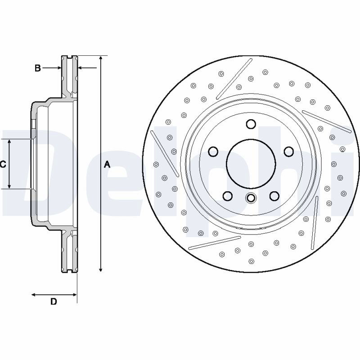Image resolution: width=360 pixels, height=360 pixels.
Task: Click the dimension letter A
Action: point(107,164)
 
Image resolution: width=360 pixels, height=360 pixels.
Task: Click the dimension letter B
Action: point(38,68)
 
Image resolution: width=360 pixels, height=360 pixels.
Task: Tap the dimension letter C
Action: point(3,164)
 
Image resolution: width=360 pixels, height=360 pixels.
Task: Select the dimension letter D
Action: point(54,301)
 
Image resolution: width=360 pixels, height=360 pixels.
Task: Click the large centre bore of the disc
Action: point(251,164)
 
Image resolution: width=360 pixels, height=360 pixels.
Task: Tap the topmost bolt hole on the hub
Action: point(251,124)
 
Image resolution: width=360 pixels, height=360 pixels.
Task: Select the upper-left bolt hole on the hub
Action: point(213,152)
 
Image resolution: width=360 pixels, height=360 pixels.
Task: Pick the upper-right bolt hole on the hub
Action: point(288,152)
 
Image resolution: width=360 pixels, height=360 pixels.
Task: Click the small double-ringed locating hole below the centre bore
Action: point(251,198)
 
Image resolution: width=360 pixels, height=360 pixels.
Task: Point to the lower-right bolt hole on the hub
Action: point(274,196)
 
